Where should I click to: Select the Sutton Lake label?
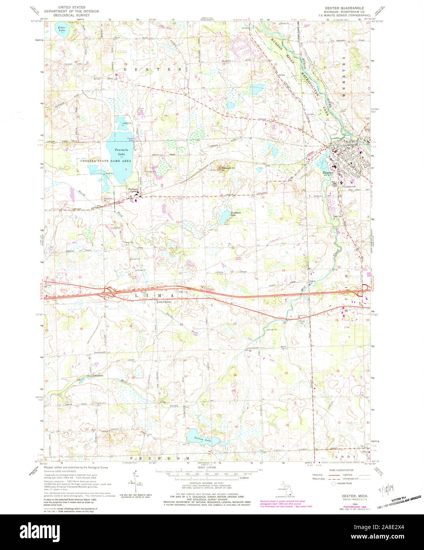tap(203, 440)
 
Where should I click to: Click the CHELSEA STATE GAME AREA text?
tap(106, 161)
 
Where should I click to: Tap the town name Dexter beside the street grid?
tap(328, 173)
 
